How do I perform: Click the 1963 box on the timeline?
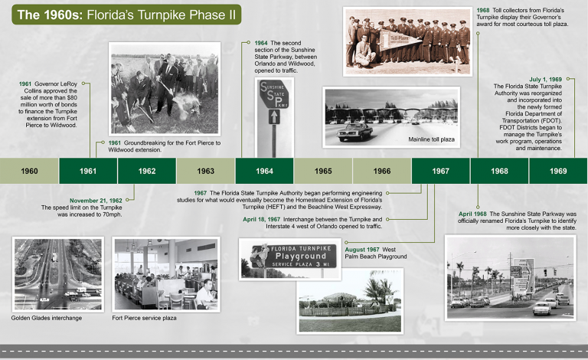tap(205, 171)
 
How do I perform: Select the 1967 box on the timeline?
tap(441, 171)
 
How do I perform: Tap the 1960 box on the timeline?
tap(29, 171)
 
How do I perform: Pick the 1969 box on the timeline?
tap(558, 171)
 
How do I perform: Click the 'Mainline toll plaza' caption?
tap(431, 139)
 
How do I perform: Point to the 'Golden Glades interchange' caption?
tap(47, 318)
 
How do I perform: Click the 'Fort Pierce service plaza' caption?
tap(144, 318)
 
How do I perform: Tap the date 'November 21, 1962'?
tap(96, 201)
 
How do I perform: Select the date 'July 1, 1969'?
tap(546, 80)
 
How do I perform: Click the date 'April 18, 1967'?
tap(261, 219)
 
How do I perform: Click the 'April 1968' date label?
tap(472, 214)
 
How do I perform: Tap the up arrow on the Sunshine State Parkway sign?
tap(274, 116)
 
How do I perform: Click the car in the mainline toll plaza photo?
tap(354, 132)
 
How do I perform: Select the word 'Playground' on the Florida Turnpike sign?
tap(301, 256)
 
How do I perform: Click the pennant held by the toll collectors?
tap(401, 40)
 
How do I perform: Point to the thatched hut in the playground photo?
tap(338, 299)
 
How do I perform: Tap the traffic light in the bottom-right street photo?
tap(546, 272)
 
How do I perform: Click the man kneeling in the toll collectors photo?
tap(364, 52)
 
